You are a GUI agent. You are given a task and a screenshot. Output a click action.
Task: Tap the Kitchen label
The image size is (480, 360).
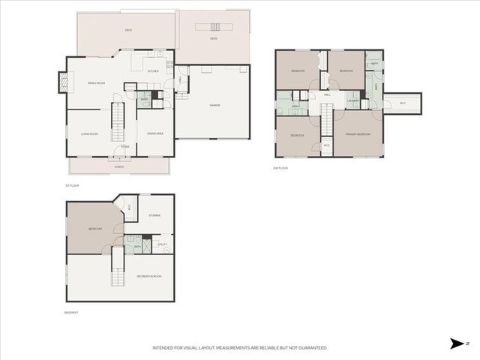153,71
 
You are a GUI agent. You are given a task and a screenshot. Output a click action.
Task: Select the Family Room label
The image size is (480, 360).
96,82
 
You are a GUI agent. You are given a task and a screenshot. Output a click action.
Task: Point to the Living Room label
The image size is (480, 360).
91,134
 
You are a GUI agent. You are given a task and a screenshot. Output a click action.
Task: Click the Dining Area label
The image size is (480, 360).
154,134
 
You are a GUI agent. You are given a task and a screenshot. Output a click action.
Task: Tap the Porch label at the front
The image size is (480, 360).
118,166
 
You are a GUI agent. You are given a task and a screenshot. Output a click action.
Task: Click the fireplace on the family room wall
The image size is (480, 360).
61,82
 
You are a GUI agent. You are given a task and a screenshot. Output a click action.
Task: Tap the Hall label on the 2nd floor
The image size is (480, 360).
328,94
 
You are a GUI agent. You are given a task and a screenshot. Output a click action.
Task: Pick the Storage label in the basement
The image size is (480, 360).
154,215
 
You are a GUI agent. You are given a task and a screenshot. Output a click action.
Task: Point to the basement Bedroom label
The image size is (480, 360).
94,229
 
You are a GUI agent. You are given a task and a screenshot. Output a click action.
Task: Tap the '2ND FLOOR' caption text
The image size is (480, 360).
281,168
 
